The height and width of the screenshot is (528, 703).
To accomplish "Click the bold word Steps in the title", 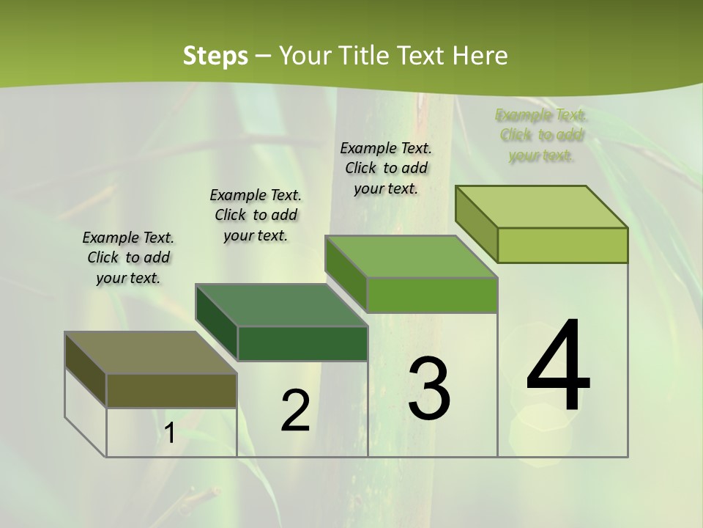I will pyautogui.click(x=215, y=56).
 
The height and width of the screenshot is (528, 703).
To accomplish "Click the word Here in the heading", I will pyautogui.click(x=480, y=56).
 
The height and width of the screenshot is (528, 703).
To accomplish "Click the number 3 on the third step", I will pyautogui.click(x=429, y=388).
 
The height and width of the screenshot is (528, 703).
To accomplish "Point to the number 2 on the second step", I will pyautogui.click(x=296, y=410).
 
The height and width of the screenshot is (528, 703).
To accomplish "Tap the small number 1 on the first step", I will pyautogui.click(x=169, y=433).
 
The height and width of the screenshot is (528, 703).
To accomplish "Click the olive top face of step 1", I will pyautogui.click(x=150, y=353).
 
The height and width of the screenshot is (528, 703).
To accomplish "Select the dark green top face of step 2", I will pyautogui.click(x=281, y=305).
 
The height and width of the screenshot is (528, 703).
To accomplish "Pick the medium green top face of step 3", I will pyautogui.click(x=412, y=257).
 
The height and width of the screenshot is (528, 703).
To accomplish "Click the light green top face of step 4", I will pyautogui.click(x=542, y=207).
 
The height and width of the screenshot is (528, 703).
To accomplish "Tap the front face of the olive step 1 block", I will pyautogui.click(x=171, y=390).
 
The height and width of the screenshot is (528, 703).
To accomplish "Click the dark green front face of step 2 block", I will pyautogui.click(x=302, y=343).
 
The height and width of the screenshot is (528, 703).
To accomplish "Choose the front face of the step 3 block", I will pyautogui.click(x=432, y=295).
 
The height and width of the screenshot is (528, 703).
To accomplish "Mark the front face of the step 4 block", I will pyautogui.click(x=562, y=245).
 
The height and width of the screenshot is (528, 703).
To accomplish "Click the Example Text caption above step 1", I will pyautogui.click(x=128, y=257).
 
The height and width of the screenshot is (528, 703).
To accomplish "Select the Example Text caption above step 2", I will pyautogui.click(x=256, y=215).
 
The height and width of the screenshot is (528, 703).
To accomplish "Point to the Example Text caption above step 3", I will pyautogui.click(x=386, y=168).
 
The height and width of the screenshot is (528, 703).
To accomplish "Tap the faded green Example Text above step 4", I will pyautogui.click(x=541, y=135).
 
